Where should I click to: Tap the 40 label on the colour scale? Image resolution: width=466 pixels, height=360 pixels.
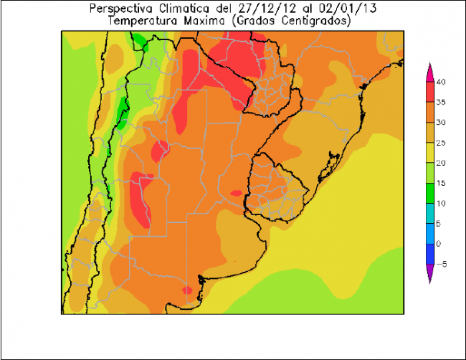pos(442,82)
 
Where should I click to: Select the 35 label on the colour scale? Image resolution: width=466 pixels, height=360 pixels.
pos(442,102)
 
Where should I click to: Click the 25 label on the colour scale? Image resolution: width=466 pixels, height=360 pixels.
pos(442,143)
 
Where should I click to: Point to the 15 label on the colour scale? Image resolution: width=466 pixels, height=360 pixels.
pos(442,183)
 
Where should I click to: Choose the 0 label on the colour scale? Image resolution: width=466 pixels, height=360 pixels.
pos(440,244)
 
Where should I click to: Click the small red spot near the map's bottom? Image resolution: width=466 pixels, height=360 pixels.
pos(187,290)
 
